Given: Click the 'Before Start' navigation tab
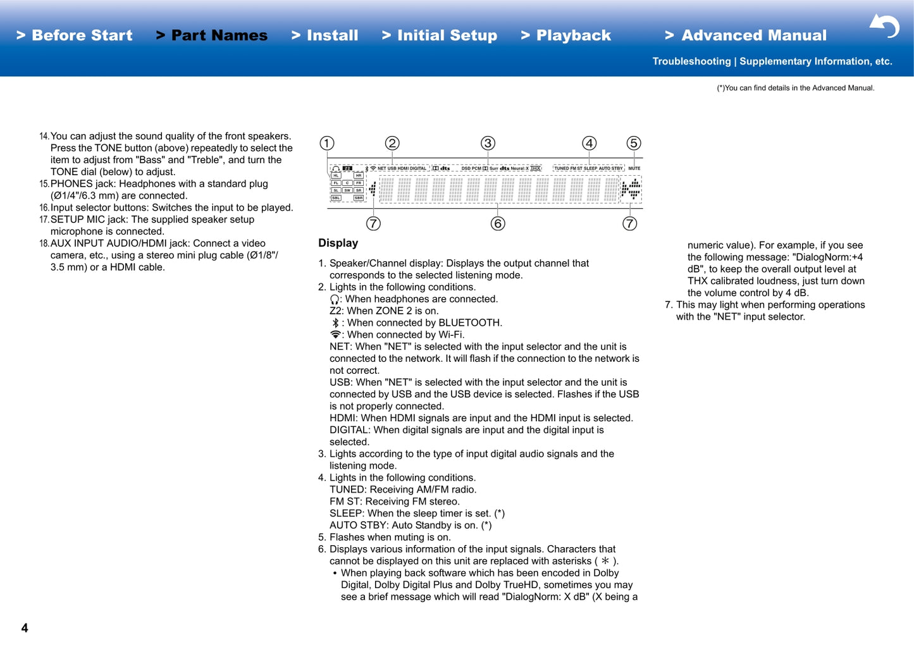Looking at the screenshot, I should coord(75,35).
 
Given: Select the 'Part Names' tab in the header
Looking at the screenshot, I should coord(213,35).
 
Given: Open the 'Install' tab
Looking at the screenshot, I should coord(325,35).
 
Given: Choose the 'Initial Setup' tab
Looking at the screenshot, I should coord(440,35).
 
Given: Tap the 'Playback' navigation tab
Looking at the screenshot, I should coord(567,35).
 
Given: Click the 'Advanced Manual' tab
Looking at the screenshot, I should coord(746,35).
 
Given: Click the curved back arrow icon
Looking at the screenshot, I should coord(885,26).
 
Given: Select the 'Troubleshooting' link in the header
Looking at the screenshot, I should coord(691,61).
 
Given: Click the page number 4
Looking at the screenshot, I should coord(25,628).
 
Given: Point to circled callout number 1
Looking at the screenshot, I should coord(327,144).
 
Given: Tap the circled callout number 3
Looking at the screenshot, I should coord(488,144).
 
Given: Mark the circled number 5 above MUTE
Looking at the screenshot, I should coord(633,144).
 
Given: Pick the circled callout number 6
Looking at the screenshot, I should coord(498,224).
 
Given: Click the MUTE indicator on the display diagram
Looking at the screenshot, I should coord(634,168).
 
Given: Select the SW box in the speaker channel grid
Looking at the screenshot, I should coord(347,190).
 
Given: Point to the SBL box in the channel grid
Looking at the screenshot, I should coord(336,198).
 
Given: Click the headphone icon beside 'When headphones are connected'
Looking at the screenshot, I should coord(335,299).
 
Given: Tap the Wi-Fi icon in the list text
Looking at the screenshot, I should coord(335,335).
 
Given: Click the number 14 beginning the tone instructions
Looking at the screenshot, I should coord(44,137).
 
